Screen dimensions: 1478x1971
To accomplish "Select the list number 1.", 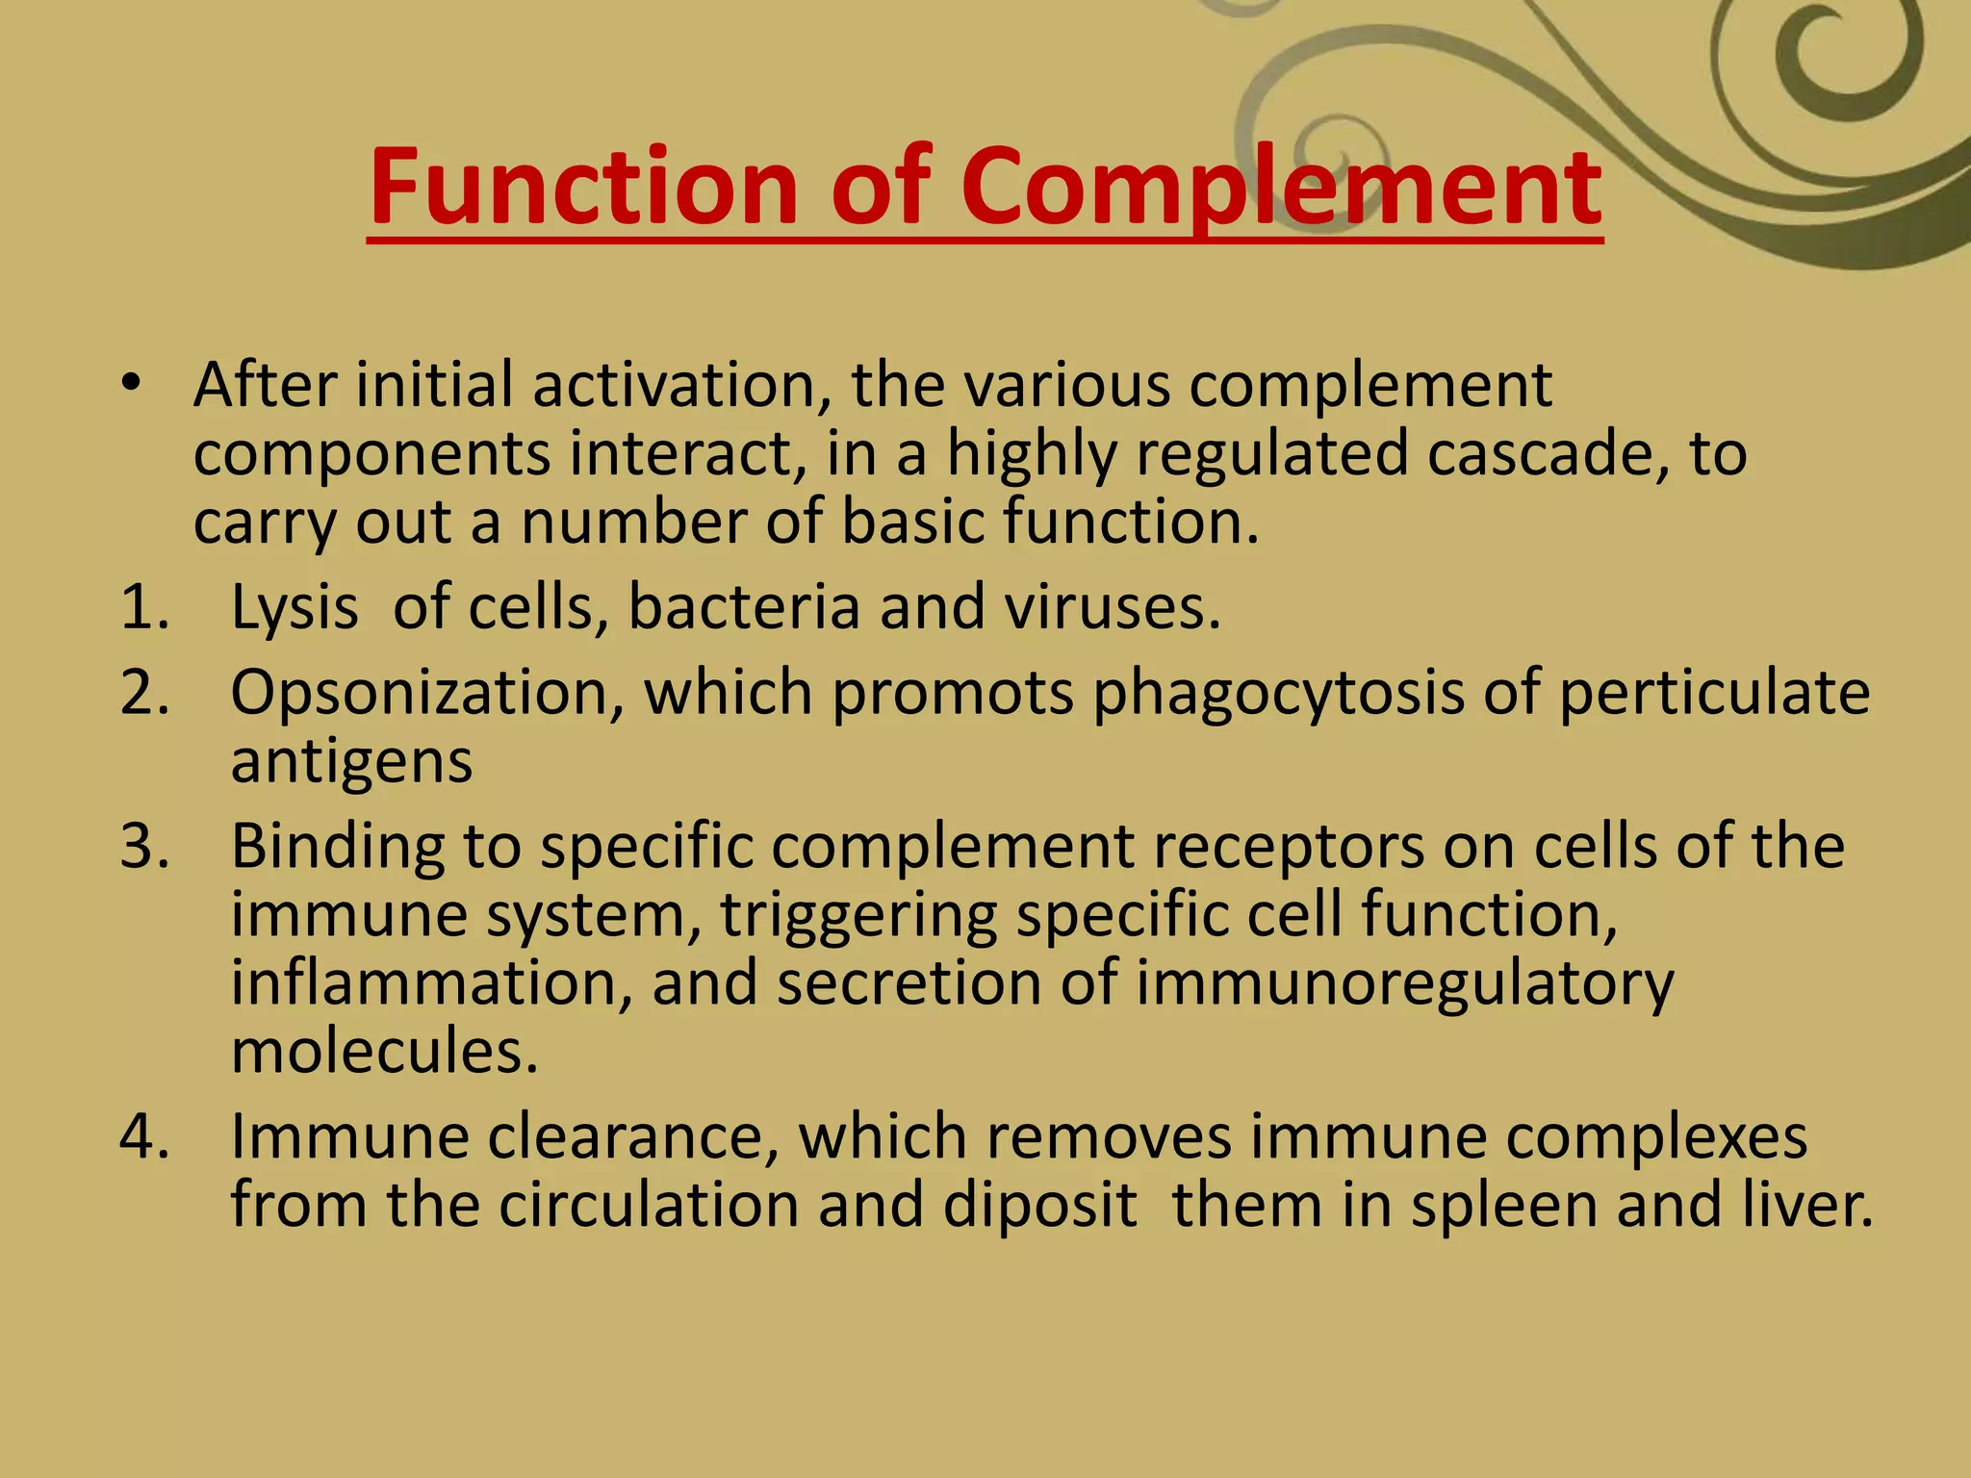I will (x=144, y=608).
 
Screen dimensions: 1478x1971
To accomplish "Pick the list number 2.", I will (x=144, y=693).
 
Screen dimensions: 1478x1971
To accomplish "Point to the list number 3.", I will (x=144, y=847).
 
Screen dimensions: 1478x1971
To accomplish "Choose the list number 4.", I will (x=144, y=1137).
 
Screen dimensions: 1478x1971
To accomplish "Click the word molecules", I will (x=384, y=1051).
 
